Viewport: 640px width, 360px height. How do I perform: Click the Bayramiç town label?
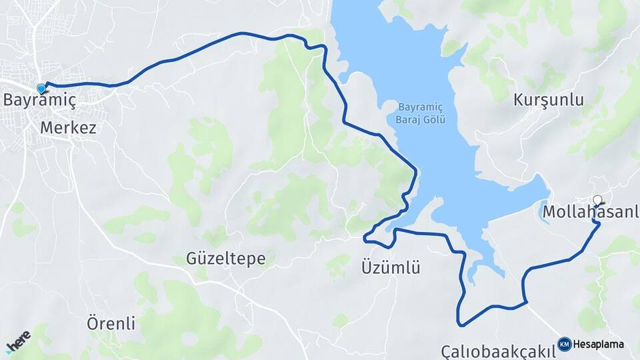tap(39, 101)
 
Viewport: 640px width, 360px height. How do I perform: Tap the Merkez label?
tap(68, 127)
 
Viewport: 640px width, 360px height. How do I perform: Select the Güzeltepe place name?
tap(226, 259)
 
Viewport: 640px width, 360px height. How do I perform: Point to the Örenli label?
tap(111, 324)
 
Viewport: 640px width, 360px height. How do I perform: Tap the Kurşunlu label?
tap(549, 101)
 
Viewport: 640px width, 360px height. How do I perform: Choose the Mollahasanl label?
tap(591, 212)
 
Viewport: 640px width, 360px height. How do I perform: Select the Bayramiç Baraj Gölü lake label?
tap(421, 113)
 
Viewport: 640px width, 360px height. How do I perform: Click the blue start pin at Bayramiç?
tap(42, 88)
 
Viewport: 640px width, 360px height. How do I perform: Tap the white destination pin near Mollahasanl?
tap(597, 199)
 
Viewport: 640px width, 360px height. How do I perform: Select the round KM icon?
tap(564, 344)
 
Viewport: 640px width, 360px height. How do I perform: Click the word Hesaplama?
tap(598, 345)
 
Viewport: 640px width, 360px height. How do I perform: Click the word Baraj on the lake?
tap(408, 119)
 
